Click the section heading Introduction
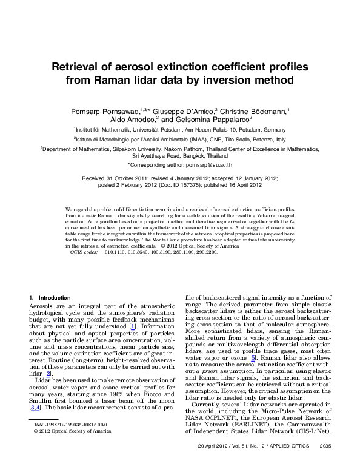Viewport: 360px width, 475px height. pyautogui.click(x=55, y=297)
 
